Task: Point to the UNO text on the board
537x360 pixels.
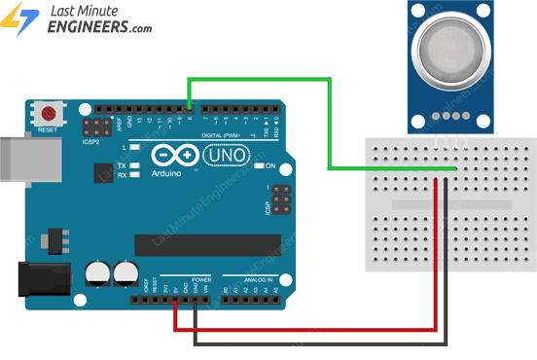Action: (226, 155)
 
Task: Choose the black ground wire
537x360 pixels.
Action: (321, 343)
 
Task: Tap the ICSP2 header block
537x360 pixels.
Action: (95, 129)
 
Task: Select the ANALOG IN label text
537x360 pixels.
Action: (250, 278)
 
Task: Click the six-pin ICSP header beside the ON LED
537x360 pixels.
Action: (280, 201)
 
